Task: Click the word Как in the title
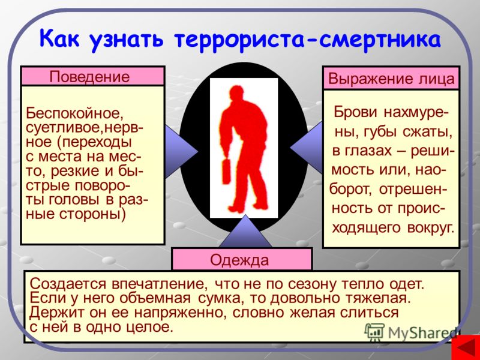[x=59, y=38]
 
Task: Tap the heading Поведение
[x=89, y=77]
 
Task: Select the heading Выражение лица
[x=391, y=79]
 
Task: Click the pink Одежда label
[x=239, y=260]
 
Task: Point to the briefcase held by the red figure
[x=226, y=171]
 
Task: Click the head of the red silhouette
[x=236, y=94]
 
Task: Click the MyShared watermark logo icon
[x=374, y=331]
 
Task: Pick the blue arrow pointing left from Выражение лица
[x=307, y=148]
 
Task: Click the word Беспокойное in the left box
[x=74, y=113]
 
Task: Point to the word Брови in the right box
[x=355, y=112]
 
